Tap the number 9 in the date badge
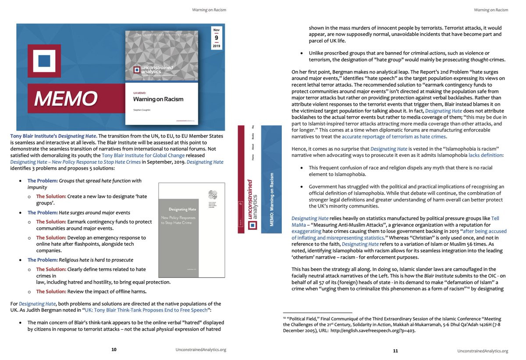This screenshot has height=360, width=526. click(x=217, y=38)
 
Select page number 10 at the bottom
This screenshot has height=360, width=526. click(x=114, y=349)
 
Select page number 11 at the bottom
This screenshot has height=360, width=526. click(x=395, y=351)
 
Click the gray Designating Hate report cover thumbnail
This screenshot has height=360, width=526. click(x=191, y=230)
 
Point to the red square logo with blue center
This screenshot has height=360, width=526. click(x=44, y=61)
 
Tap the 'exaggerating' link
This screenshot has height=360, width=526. click(x=311, y=231)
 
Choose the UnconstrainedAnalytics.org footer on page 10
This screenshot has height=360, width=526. click(x=201, y=349)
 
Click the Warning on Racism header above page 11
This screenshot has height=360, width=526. click(x=491, y=10)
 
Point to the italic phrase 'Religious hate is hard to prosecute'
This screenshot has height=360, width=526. click(x=96, y=260)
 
